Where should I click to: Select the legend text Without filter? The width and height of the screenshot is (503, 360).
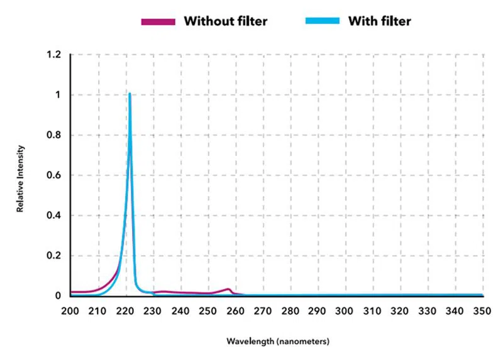(x=225, y=21)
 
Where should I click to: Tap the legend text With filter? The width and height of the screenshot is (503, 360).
(x=380, y=21)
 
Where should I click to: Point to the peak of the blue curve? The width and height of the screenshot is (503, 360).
(x=130, y=94)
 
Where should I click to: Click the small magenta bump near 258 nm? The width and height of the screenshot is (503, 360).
(x=228, y=289)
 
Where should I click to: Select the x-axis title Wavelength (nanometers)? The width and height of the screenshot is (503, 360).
(x=277, y=341)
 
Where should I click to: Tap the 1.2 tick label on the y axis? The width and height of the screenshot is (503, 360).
(x=54, y=55)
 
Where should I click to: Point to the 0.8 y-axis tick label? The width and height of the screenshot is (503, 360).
(x=54, y=136)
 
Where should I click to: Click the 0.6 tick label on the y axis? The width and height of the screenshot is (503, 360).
(x=54, y=176)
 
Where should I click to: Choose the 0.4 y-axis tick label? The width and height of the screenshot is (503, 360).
(x=54, y=216)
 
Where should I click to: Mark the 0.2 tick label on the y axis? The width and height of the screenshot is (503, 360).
(x=54, y=256)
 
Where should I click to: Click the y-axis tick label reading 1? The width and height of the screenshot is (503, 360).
(x=58, y=95)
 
